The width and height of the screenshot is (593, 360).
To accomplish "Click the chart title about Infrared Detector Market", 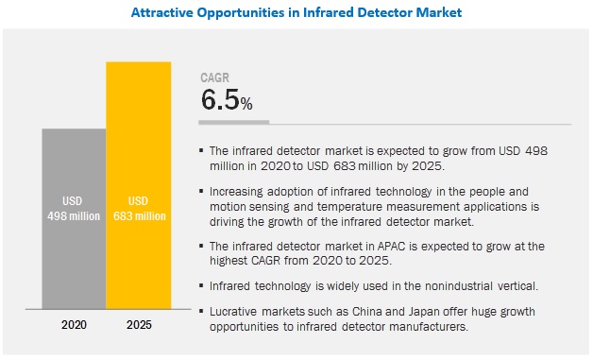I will (296, 13).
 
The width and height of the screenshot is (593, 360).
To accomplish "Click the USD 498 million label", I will (74, 207).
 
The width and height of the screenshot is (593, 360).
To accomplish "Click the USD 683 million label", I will (138, 207).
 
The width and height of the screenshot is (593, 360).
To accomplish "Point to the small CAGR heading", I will (214, 78).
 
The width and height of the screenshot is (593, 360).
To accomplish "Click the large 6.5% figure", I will (227, 101).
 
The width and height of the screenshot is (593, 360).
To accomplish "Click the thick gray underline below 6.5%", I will (234, 123).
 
